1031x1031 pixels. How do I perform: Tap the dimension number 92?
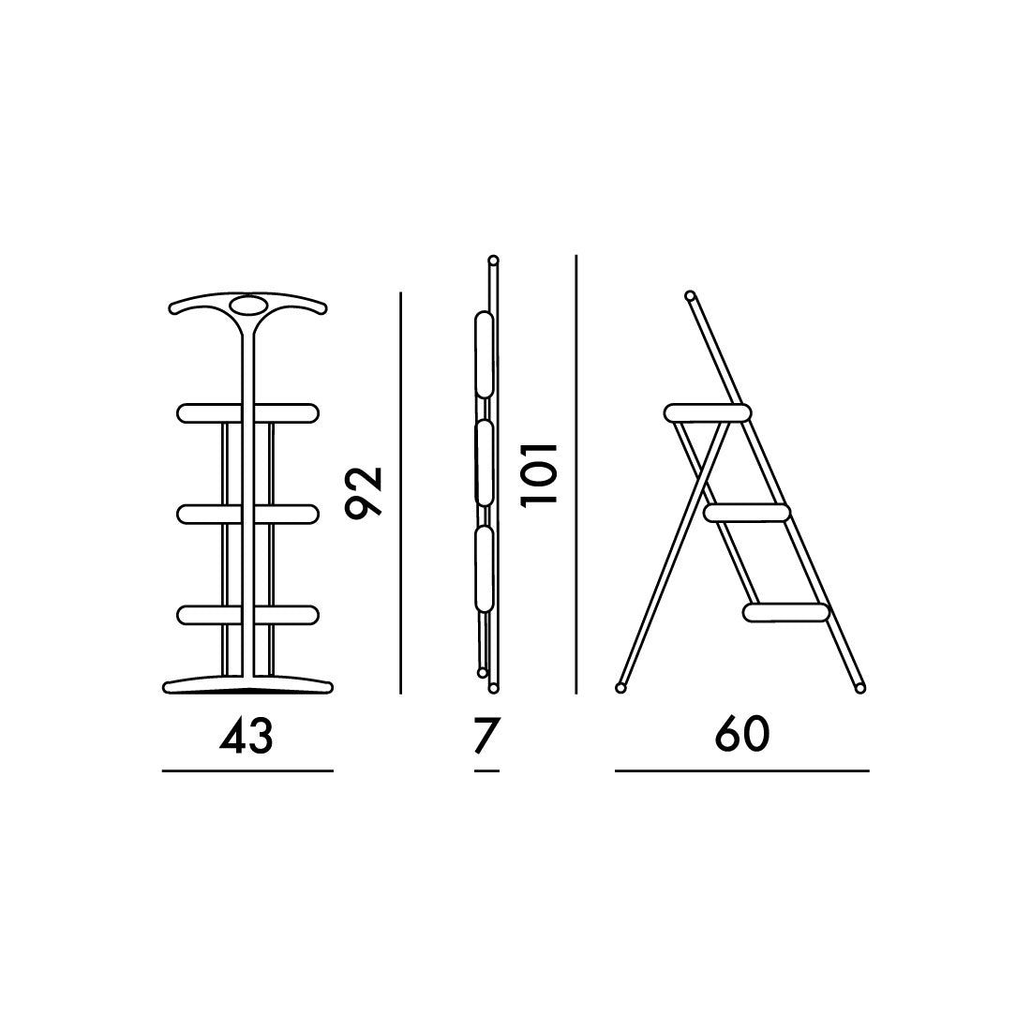364,492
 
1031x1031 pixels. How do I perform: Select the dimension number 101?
539,474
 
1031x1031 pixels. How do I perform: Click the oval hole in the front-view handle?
247,306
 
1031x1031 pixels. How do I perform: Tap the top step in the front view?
247,413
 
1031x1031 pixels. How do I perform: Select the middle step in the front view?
247,514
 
